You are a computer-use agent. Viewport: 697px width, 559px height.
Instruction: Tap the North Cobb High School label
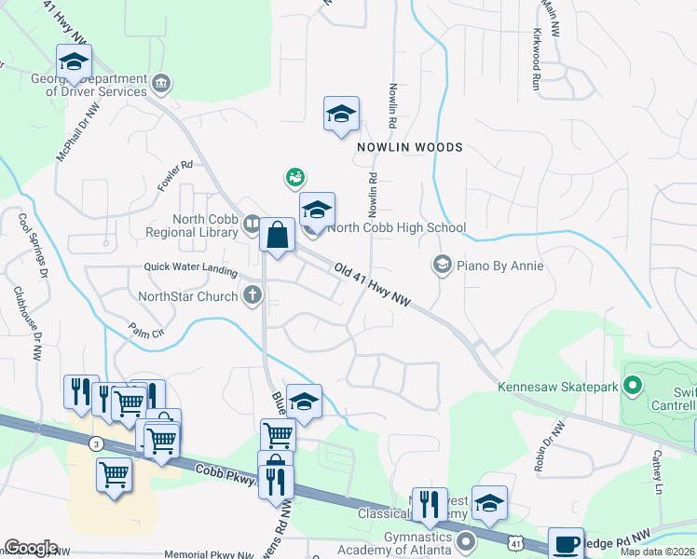pyautogui.click(x=396, y=227)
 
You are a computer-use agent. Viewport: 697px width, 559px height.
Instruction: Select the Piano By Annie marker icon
pyautogui.click(x=441, y=266)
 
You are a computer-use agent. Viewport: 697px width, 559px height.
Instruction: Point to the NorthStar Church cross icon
pyautogui.click(x=252, y=296)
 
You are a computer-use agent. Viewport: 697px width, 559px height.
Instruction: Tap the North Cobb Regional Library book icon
pyautogui.click(x=252, y=225)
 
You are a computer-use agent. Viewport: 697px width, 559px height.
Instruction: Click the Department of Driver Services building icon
pyautogui.click(x=162, y=85)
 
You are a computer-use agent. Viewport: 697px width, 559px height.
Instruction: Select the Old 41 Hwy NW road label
pyautogui.click(x=373, y=285)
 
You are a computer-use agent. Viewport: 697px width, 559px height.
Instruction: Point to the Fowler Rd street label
pyautogui.click(x=174, y=176)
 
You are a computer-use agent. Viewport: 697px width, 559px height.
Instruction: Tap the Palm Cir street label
pyautogui.click(x=146, y=330)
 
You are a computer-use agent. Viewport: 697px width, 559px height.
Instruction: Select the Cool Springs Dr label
pyautogui.click(x=33, y=247)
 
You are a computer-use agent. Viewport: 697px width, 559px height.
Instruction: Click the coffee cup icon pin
pyautogui.click(x=566, y=543)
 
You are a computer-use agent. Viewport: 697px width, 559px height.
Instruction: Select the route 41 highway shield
pyautogui.click(x=514, y=542)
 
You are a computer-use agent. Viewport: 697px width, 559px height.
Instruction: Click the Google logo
pyautogui.click(x=31, y=548)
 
